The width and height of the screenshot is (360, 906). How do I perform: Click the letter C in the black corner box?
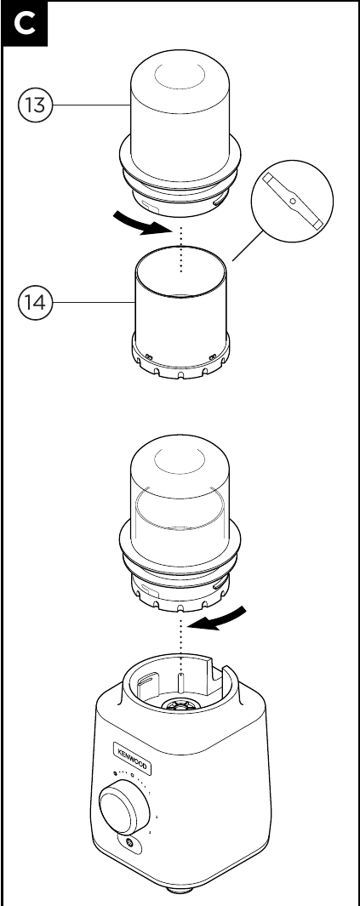(x=25, y=25)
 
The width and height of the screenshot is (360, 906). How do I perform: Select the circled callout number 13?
(x=35, y=105)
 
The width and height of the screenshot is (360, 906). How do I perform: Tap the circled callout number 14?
(x=35, y=302)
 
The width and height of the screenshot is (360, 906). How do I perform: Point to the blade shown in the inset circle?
(x=293, y=201)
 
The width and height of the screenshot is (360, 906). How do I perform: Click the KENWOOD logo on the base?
(x=132, y=758)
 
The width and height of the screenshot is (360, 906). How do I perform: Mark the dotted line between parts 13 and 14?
(x=181, y=249)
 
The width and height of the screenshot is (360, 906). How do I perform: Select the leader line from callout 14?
(x=94, y=302)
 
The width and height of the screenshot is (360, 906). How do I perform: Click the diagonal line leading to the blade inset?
(x=248, y=245)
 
